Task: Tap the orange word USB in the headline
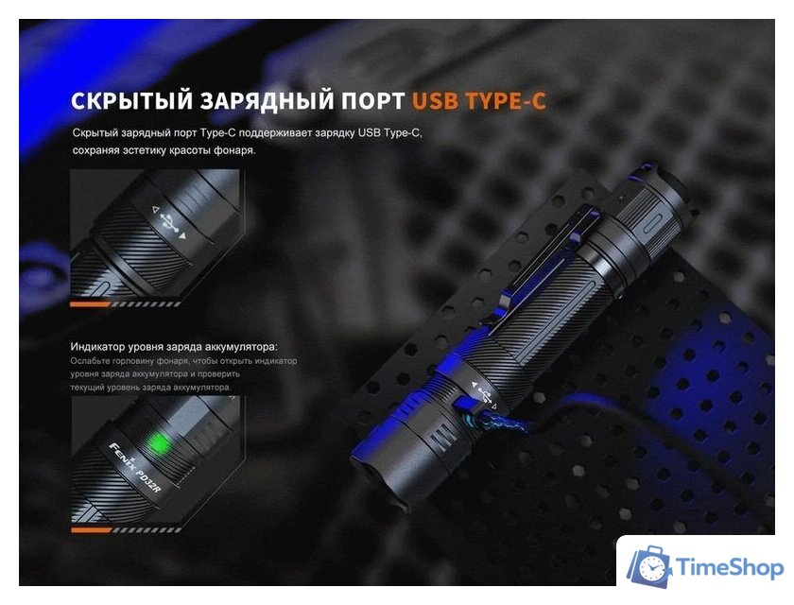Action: click(436, 100)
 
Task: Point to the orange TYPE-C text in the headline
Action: click(506, 100)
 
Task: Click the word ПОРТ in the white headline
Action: click(369, 100)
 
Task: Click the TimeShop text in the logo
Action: click(730, 567)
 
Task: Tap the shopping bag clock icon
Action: click(650, 565)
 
